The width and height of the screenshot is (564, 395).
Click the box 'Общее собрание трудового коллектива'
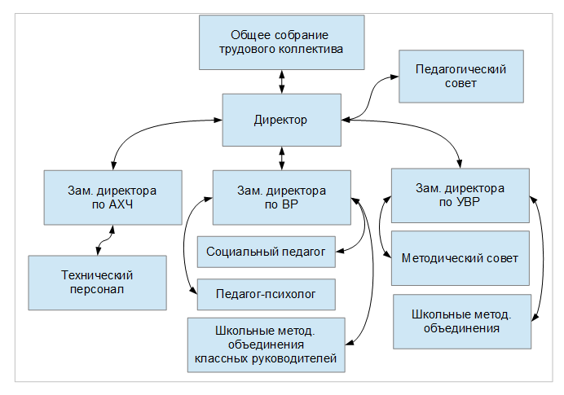point(281,42)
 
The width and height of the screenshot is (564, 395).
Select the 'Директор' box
point(281,120)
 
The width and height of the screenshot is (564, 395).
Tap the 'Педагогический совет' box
point(460,76)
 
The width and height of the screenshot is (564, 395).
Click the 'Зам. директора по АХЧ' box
point(113,197)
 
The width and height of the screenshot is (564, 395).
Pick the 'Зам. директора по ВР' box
point(281,197)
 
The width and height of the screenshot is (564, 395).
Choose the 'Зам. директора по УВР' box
point(460,195)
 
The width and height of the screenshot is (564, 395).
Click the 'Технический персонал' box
point(97,282)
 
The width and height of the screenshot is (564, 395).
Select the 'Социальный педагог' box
point(266,252)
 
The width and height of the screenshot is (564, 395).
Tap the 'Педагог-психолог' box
point(266,292)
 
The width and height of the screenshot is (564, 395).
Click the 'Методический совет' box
point(460,257)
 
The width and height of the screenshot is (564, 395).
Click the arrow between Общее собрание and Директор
point(282,81)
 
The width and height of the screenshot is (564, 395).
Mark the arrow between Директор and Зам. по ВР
point(282,158)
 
